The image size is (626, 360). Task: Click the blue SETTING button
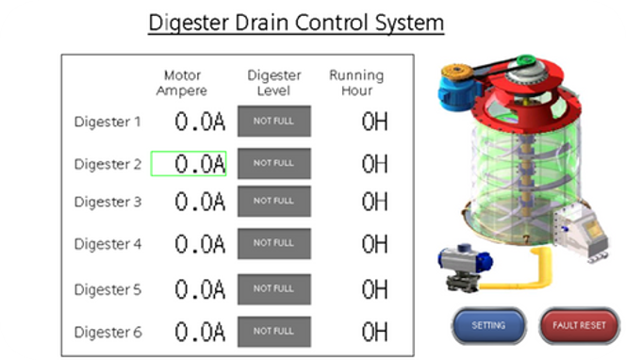tap(488, 326)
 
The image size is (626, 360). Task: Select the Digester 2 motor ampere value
tap(189, 164)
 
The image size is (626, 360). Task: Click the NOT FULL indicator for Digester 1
tap(273, 122)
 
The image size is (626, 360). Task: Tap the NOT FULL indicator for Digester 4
tap(273, 244)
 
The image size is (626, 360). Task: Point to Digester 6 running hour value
tap(374, 332)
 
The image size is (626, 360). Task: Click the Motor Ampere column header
tap(183, 83)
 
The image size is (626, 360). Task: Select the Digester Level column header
tap(273, 83)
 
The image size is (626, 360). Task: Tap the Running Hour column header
tap(356, 83)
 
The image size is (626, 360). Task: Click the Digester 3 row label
tap(107, 202)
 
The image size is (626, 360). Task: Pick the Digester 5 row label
tap(107, 289)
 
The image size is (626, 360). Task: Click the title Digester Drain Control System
tap(296, 21)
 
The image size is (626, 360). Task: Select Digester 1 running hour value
tap(374, 122)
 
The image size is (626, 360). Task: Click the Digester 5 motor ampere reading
tap(200, 289)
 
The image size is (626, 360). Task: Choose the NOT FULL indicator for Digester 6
tap(273, 332)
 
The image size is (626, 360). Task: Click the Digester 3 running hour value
tap(374, 202)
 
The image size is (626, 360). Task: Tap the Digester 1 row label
tap(107, 122)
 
